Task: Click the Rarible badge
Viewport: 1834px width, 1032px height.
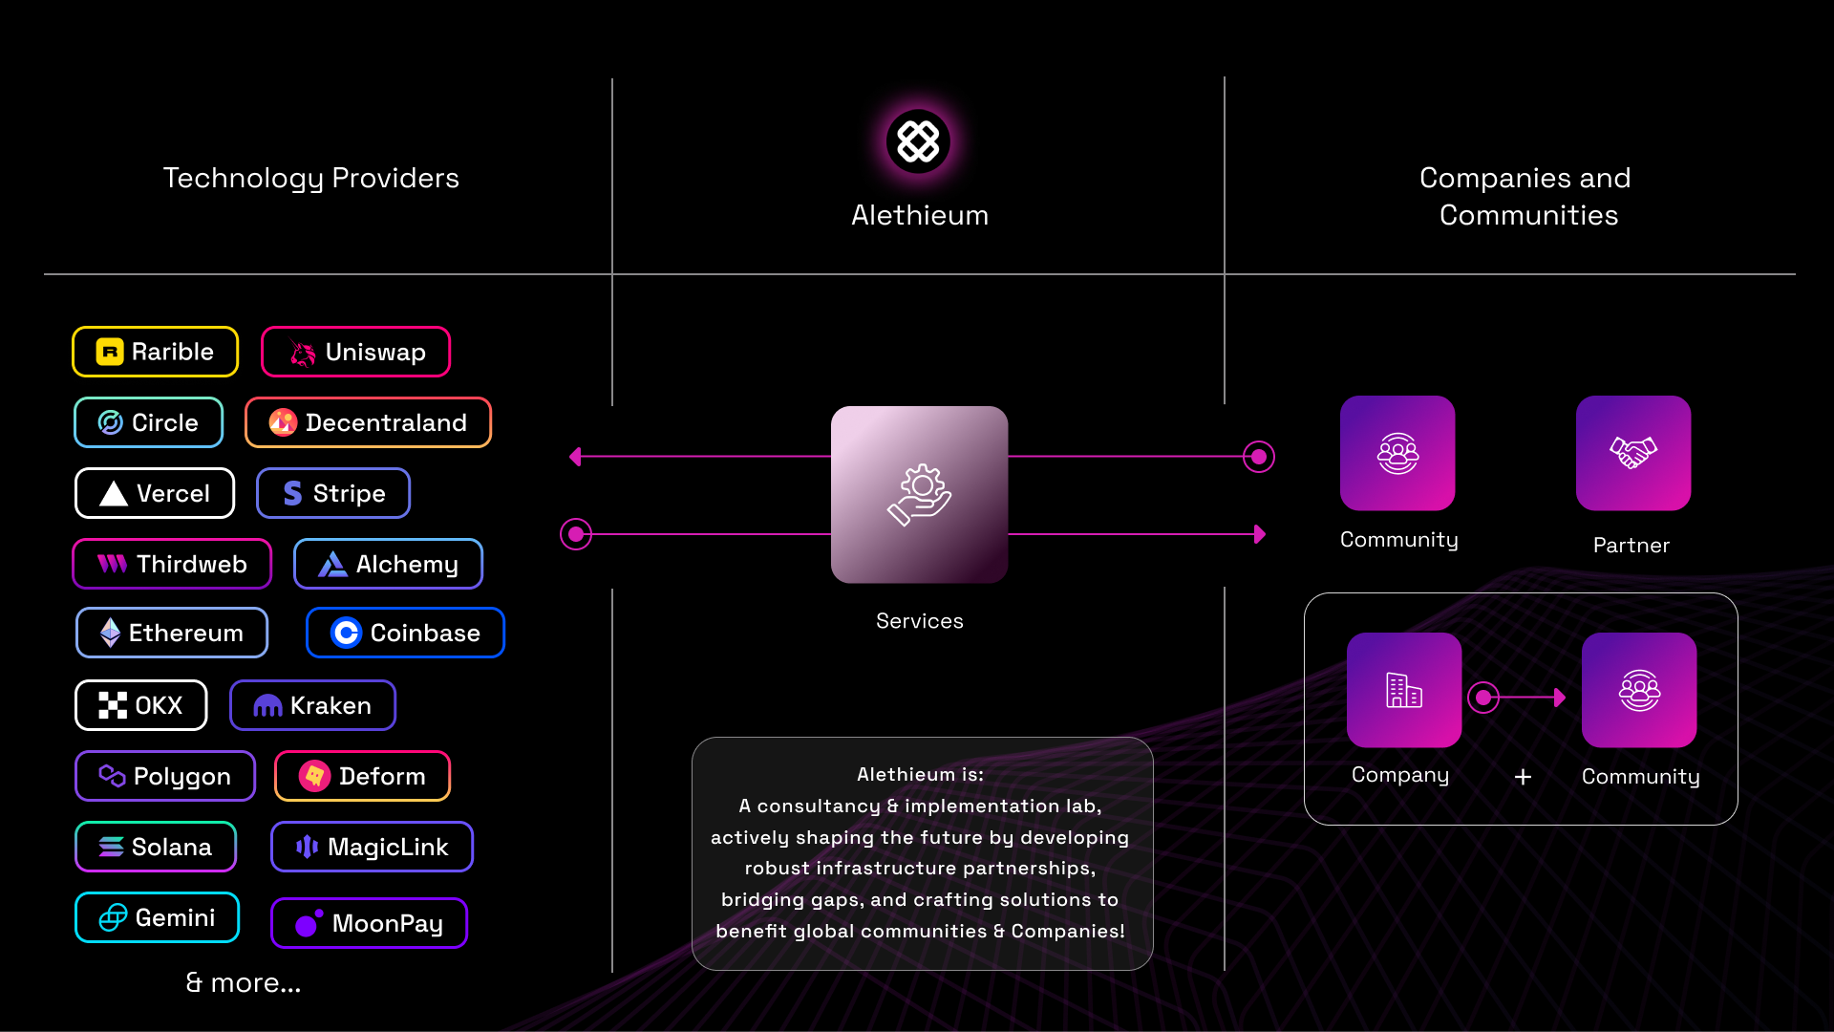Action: tap(155, 352)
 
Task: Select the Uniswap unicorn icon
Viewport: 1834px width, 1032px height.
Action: tap(303, 353)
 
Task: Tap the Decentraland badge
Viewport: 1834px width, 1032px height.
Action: tap(368, 422)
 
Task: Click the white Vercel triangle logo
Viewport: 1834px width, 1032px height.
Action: tap(114, 493)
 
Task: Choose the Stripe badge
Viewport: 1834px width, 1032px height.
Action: tap(333, 493)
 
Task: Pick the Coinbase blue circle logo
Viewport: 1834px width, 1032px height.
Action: tap(346, 633)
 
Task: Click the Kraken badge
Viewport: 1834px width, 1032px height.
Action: tap(312, 705)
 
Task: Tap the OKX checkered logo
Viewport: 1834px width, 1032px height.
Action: tap(113, 705)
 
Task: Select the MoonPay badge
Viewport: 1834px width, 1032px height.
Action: tap(369, 923)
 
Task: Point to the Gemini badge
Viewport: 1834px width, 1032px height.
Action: tap(157, 917)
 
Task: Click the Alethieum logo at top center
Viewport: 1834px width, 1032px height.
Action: tap(918, 141)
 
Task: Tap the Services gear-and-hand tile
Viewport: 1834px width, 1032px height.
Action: tap(919, 495)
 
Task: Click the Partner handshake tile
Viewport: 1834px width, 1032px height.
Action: tap(1633, 453)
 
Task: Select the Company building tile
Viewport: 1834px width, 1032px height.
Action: tap(1404, 690)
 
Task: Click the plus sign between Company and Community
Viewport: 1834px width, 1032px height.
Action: tap(1523, 777)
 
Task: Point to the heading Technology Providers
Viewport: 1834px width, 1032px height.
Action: tap(311, 179)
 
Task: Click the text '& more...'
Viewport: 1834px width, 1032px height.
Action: tap(243, 982)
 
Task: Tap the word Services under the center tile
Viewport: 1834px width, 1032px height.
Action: tap(920, 621)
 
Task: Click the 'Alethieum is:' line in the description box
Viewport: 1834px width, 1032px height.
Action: tap(920, 774)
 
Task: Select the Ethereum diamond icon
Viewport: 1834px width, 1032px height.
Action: tap(110, 633)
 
